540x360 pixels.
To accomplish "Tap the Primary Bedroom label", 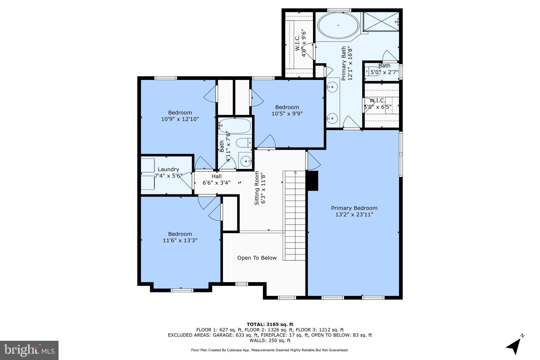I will (354, 208).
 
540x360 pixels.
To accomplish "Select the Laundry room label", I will (168, 169).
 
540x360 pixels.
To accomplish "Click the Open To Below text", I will (257, 258).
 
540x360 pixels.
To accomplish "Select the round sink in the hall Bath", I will (246, 160).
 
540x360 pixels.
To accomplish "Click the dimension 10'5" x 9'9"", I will (287, 114).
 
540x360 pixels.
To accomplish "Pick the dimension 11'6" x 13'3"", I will (180, 241).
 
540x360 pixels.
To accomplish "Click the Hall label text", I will (216, 176).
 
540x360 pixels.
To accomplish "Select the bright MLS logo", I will (29, 350).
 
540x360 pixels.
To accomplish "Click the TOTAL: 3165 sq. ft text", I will (270, 324).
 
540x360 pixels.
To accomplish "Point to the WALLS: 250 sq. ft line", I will (270, 340).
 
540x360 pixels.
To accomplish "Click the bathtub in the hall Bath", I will (234, 126).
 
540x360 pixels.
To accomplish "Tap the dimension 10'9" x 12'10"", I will (180, 119).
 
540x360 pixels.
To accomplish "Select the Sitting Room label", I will (260, 188).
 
